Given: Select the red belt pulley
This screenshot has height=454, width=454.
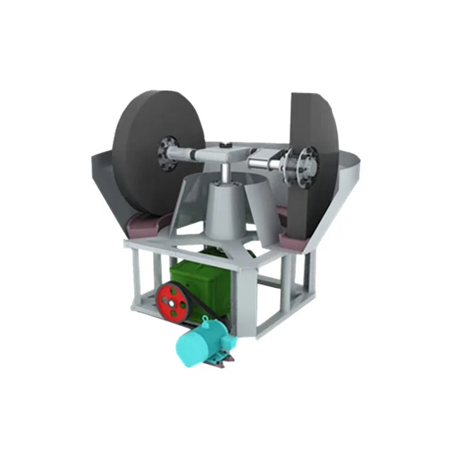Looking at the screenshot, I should coord(174,301).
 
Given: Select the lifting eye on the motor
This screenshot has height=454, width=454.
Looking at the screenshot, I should coord(205,321).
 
